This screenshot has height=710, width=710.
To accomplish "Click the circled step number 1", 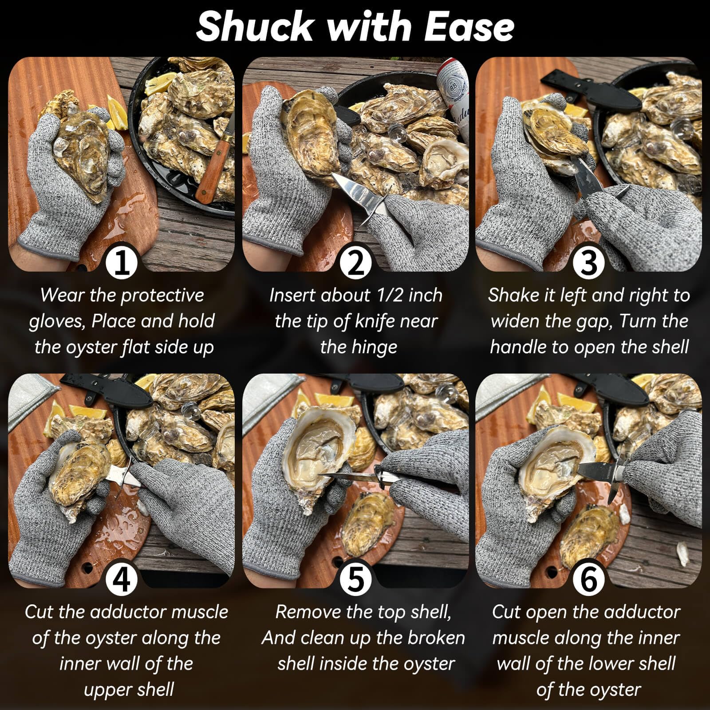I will coord(122,262).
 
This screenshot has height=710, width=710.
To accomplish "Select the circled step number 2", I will coord(355,262).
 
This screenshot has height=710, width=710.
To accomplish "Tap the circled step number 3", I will coord(588,262).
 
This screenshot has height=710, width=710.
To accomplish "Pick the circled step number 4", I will coord(122,579).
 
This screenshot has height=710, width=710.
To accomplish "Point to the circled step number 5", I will coord(355,579).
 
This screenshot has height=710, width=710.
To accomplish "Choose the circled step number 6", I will coord(588,579).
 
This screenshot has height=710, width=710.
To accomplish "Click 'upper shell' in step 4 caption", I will coord(129,690).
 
